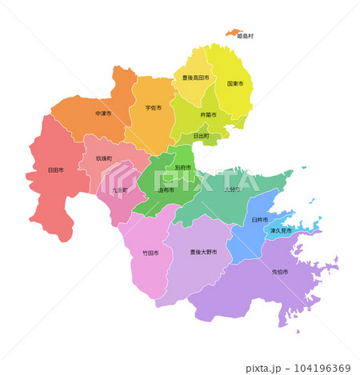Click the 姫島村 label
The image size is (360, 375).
246,37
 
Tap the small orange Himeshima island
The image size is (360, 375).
234,33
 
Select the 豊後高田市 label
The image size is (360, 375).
195,78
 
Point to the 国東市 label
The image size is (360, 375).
235,83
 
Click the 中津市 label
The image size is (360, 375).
103,114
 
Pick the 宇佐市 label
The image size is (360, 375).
153,108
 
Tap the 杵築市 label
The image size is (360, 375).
208,115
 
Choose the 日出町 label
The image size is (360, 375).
201,136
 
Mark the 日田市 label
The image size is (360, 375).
56,170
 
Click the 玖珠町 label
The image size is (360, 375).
104,158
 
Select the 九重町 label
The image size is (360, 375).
120,190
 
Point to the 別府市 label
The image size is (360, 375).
182,168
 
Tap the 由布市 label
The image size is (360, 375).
166,190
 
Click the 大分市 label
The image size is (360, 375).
232,189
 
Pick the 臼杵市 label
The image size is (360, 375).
260,219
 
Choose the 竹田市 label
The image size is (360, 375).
150,253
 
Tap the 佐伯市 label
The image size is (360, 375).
280,272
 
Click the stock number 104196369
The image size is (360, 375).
321,368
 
